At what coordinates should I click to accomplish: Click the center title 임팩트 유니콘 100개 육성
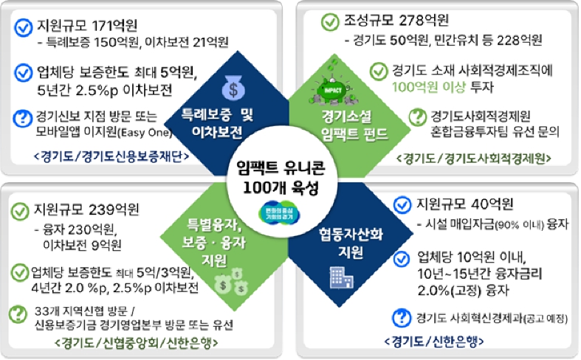(x=290, y=178)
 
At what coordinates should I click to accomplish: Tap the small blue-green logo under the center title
(x=290, y=215)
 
